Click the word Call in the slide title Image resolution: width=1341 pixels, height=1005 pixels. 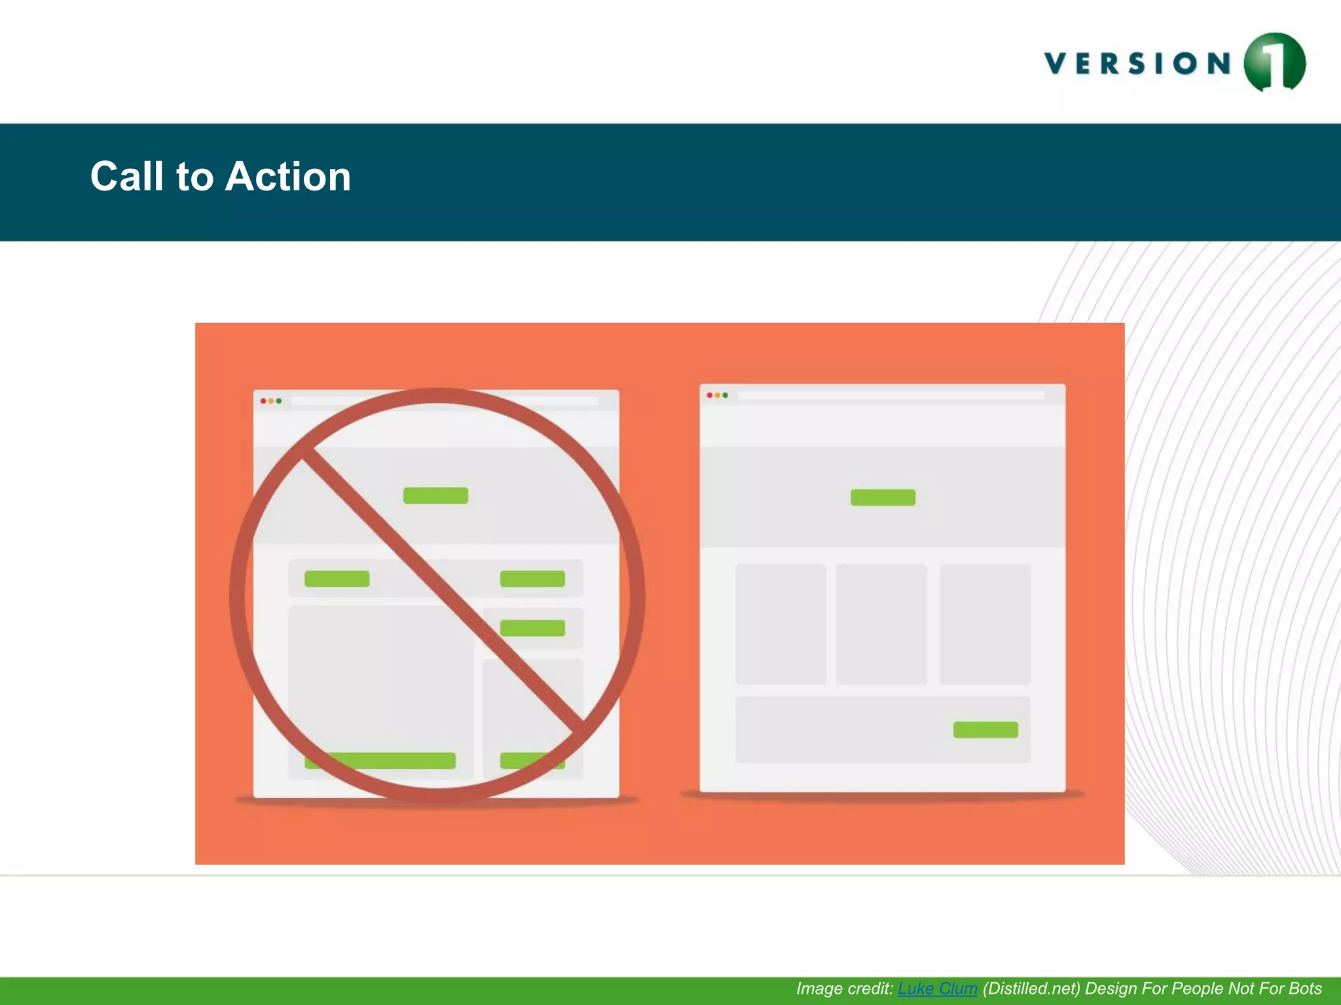coord(126,177)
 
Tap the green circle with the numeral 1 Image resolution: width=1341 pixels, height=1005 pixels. coord(1274,63)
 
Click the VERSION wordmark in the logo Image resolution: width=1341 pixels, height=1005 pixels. coord(1138,64)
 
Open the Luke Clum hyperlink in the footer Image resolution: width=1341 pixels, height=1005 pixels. coord(937,989)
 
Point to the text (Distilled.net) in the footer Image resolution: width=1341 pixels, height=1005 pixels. coord(1031,989)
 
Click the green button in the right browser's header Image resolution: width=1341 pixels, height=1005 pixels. coord(883,498)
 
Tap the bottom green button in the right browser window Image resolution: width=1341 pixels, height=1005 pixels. coord(985,730)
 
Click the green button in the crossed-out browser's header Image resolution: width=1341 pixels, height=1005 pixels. coord(435,496)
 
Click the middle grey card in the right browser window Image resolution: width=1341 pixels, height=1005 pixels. coord(881,624)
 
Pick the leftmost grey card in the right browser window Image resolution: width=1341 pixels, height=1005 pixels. coord(781,624)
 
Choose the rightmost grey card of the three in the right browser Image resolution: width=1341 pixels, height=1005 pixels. coord(985,624)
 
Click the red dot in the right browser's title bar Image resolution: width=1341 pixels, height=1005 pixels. coord(709,395)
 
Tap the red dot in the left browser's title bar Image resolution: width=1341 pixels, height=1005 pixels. coord(263,401)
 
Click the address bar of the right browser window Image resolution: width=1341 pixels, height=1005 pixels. coord(891,395)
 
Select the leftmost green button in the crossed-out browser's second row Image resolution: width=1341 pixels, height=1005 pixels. coord(337,579)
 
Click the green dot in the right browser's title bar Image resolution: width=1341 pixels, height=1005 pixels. coord(726,395)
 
